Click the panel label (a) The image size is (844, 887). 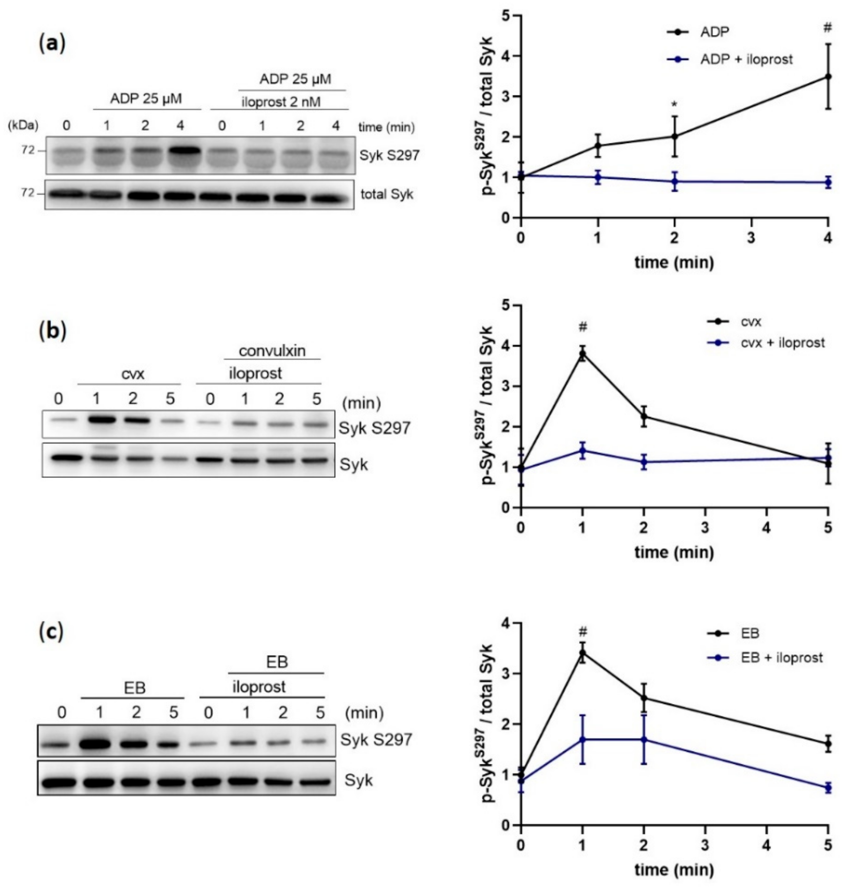52,44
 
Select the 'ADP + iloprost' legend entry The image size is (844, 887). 746,59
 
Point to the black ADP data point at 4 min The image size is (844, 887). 828,77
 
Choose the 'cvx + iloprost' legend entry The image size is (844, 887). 782,343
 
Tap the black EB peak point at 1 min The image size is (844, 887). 583,653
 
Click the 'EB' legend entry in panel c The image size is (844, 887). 750,633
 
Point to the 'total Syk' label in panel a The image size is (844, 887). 386,194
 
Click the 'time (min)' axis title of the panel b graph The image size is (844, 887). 674,552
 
